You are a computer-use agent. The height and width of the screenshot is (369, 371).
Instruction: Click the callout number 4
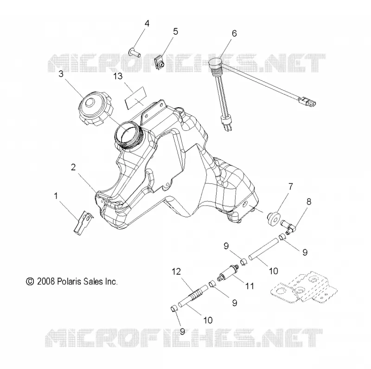pyautogui.click(x=147, y=24)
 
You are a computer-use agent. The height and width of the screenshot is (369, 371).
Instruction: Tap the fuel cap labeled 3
pyautogui.click(x=96, y=109)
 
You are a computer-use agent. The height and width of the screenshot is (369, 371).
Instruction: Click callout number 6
pyautogui.click(x=234, y=33)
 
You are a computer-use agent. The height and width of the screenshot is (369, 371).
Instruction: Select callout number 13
pyautogui.click(x=118, y=76)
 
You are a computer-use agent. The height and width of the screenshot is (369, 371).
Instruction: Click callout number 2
pyautogui.click(x=73, y=167)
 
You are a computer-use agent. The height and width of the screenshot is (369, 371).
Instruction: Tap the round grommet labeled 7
pyautogui.click(x=274, y=219)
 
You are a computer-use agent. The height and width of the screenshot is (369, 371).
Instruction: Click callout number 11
pyautogui.click(x=249, y=286)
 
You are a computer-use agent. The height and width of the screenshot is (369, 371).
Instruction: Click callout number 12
pyautogui.click(x=176, y=272)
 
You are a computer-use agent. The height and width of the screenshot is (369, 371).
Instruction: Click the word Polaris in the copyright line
pyautogui.click(x=69, y=281)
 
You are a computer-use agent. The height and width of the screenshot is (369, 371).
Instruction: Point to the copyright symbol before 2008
pyautogui.click(x=30, y=282)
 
